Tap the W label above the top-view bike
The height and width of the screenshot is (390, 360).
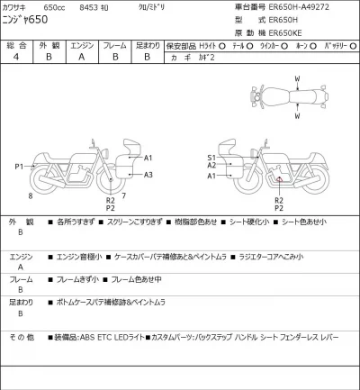pos(296,78)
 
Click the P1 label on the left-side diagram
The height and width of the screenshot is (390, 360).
pos(19,168)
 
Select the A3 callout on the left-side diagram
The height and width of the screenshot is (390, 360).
pos(148,174)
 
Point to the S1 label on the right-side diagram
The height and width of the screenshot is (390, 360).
pos(211,158)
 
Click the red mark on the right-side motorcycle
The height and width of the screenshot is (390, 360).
pos(278,180)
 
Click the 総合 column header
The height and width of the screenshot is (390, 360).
pos(16,42)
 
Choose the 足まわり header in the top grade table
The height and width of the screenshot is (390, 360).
pos(148,42)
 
